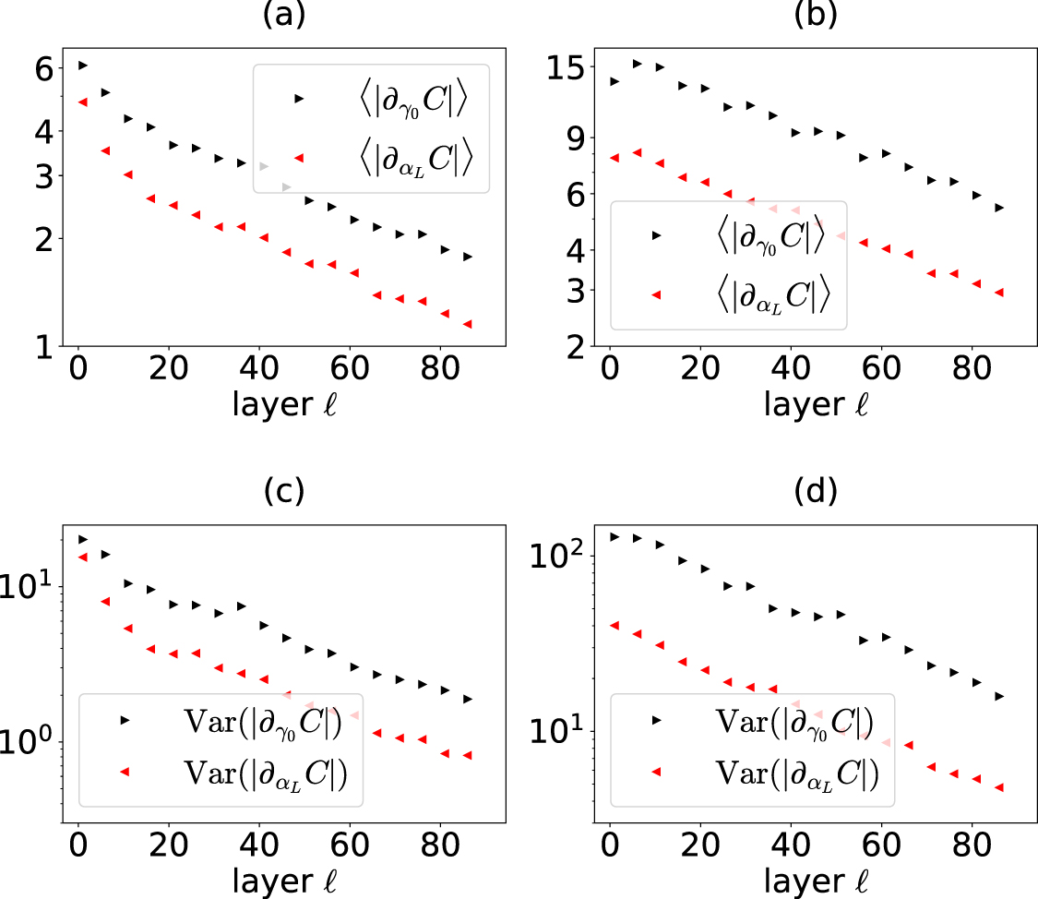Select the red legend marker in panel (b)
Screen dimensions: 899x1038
[x=657, y=294]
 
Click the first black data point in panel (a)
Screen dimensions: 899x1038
[x=83, y=66]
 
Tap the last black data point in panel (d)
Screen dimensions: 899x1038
[x=998, y=696]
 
